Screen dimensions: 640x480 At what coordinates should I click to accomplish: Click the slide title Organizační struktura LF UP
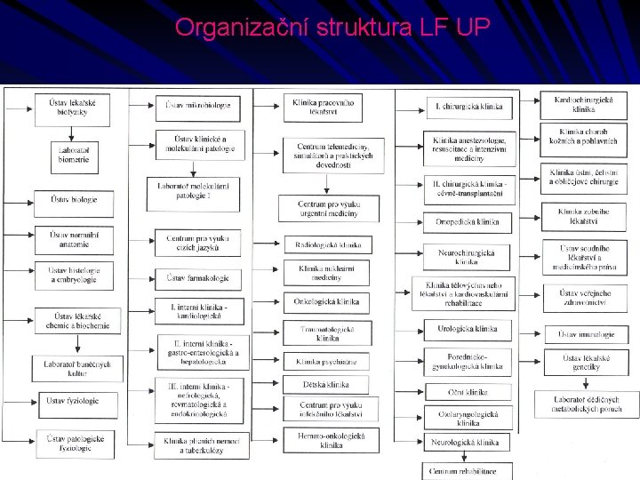332,28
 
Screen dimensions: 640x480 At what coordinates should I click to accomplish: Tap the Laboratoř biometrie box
73,155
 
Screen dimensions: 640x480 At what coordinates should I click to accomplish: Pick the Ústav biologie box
74,201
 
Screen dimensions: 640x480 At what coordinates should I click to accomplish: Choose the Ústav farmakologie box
197,278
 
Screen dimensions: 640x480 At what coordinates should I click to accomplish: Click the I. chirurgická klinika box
468,108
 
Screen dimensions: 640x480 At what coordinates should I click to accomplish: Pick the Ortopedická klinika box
468,221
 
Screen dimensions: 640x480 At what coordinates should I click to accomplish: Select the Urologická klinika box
468,330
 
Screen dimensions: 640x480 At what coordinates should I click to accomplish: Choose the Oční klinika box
468,391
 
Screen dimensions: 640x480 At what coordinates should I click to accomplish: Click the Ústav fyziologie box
73,401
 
